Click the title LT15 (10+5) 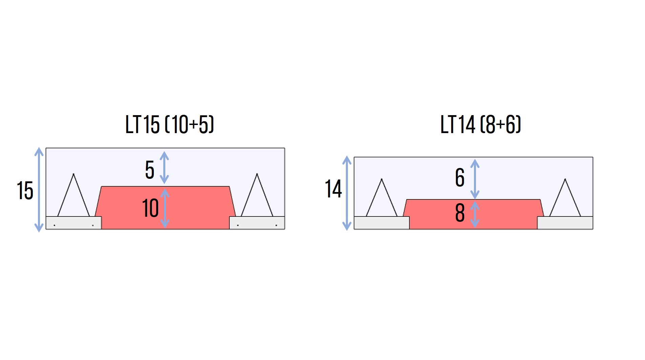[170, 124]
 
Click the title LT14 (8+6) [480, 124]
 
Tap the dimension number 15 [25, 190]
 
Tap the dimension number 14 [333, 189]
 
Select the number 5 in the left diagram [150, 170]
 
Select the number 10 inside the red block [150, 208]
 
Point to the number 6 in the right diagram [460, 177]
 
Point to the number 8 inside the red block [460, 213]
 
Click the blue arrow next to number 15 [39, 190]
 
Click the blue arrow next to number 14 [347, 193]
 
